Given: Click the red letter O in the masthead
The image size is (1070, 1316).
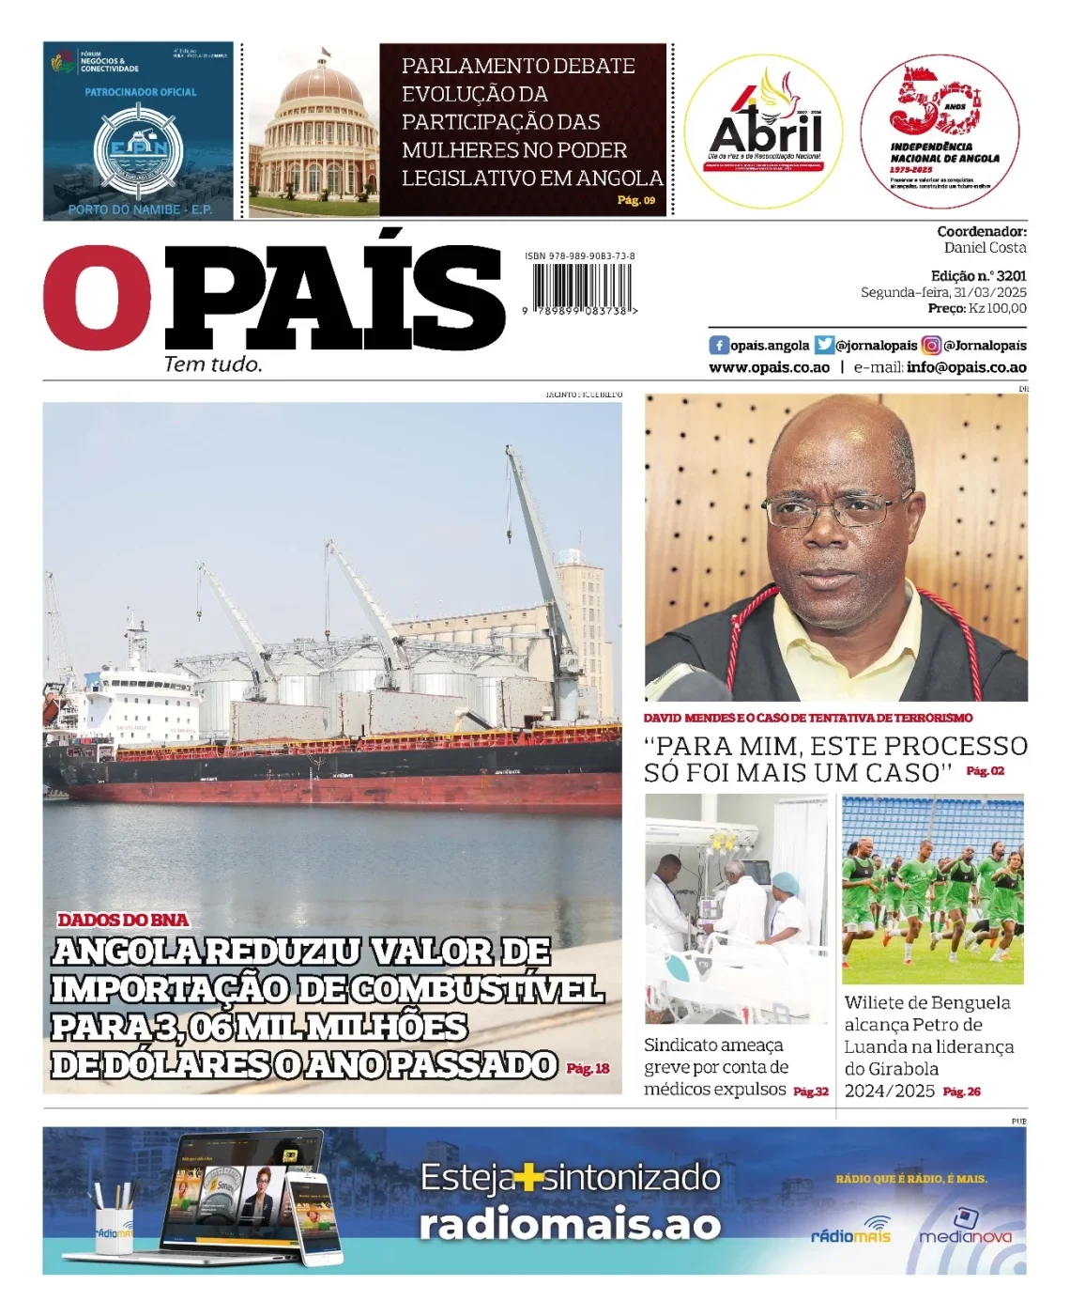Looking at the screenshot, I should [97, 298].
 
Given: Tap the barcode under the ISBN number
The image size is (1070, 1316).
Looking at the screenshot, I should [582, 286].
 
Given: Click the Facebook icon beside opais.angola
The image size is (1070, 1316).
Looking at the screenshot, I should [719, 345].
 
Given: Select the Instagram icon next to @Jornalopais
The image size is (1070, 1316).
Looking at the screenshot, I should [930, 345].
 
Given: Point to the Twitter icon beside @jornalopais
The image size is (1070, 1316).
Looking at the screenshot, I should [824, 345].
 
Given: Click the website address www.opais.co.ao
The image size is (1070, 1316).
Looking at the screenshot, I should [769, 367].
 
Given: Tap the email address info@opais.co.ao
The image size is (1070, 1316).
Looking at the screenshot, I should [966, 367].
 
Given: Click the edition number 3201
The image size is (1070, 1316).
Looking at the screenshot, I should [1011, 276].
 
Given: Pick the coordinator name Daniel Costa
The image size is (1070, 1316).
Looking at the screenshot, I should [985, 248].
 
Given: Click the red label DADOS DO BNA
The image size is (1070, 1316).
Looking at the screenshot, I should [123, 921].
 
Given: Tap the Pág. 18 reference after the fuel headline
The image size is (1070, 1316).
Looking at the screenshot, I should [588, 1068].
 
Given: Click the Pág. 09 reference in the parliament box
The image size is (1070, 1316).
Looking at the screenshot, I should [635, 200].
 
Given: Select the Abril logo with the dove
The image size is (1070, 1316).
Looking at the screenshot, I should [763, 130].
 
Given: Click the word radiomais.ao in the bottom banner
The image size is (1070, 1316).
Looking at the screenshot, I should [570, 1225].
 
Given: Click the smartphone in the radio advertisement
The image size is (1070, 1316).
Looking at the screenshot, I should [313, 1218].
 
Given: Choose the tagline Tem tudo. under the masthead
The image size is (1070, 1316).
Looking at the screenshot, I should [213, 364].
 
